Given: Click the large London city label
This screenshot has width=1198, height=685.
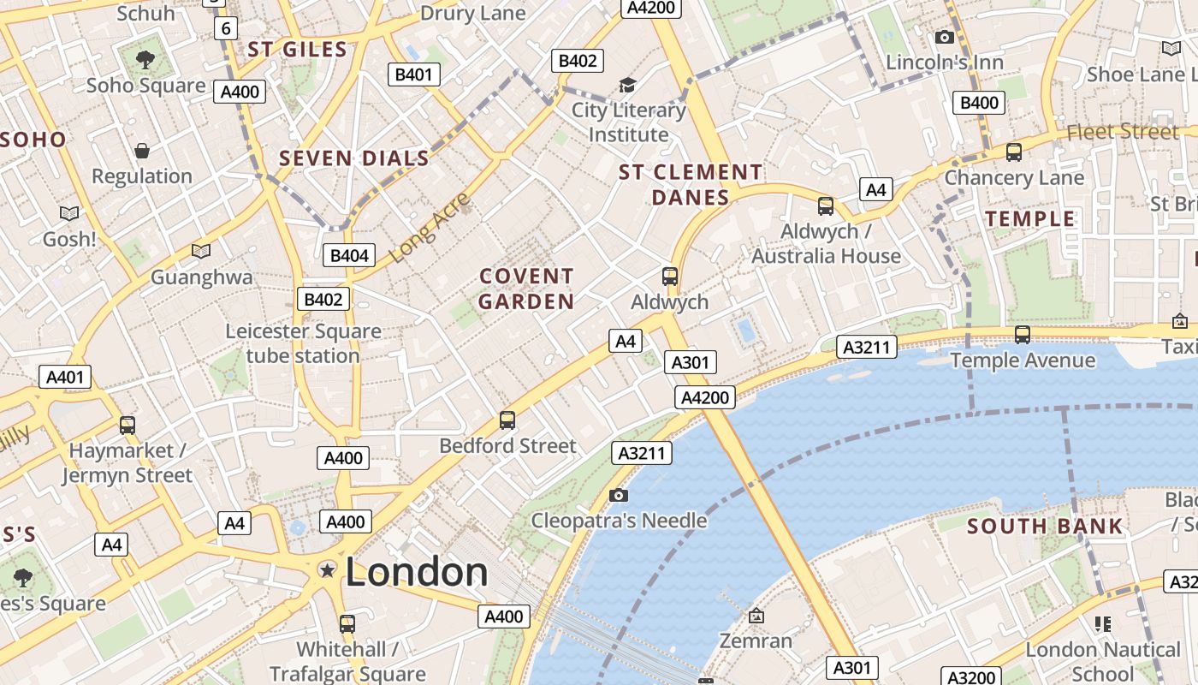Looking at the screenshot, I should [x=417, y=572].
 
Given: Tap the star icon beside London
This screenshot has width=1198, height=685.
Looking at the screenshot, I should [x=327, y=569].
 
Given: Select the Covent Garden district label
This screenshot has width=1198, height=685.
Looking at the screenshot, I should [x=526, y=289].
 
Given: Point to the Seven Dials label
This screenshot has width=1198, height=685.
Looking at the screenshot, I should [x=354, y=158].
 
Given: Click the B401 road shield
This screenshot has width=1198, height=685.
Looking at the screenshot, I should [x=413, y=74].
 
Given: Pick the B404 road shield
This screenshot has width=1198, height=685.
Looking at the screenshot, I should [x=349, y=255].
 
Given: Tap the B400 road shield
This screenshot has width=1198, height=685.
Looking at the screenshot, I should [x=979, y=103].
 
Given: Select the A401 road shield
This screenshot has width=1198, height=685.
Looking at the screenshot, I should [x=64, y=377].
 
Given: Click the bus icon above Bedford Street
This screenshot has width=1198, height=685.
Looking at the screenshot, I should [x=507, y=420].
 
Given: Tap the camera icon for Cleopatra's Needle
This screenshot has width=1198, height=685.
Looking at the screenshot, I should [x=619, y=495].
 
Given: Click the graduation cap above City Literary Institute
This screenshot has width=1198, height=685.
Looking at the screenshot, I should [x=628, y=85].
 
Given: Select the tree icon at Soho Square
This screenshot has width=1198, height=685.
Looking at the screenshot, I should [x=145, y=59].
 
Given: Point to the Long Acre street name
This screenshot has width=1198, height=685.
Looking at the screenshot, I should [x=430, y=229].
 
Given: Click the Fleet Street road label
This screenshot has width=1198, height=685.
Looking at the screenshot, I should [x=1122, y=132].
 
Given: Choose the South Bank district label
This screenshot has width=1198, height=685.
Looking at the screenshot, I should [x=1044, y=526].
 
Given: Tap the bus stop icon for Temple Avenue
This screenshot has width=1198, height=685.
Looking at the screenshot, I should [x=1022, y=334].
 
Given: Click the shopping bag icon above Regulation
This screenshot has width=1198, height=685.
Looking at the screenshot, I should [x=142, y=151].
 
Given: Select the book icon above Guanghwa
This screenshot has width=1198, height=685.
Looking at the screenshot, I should [x=201, y=251].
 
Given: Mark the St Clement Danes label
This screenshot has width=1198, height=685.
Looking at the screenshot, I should [x=690, y=185].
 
